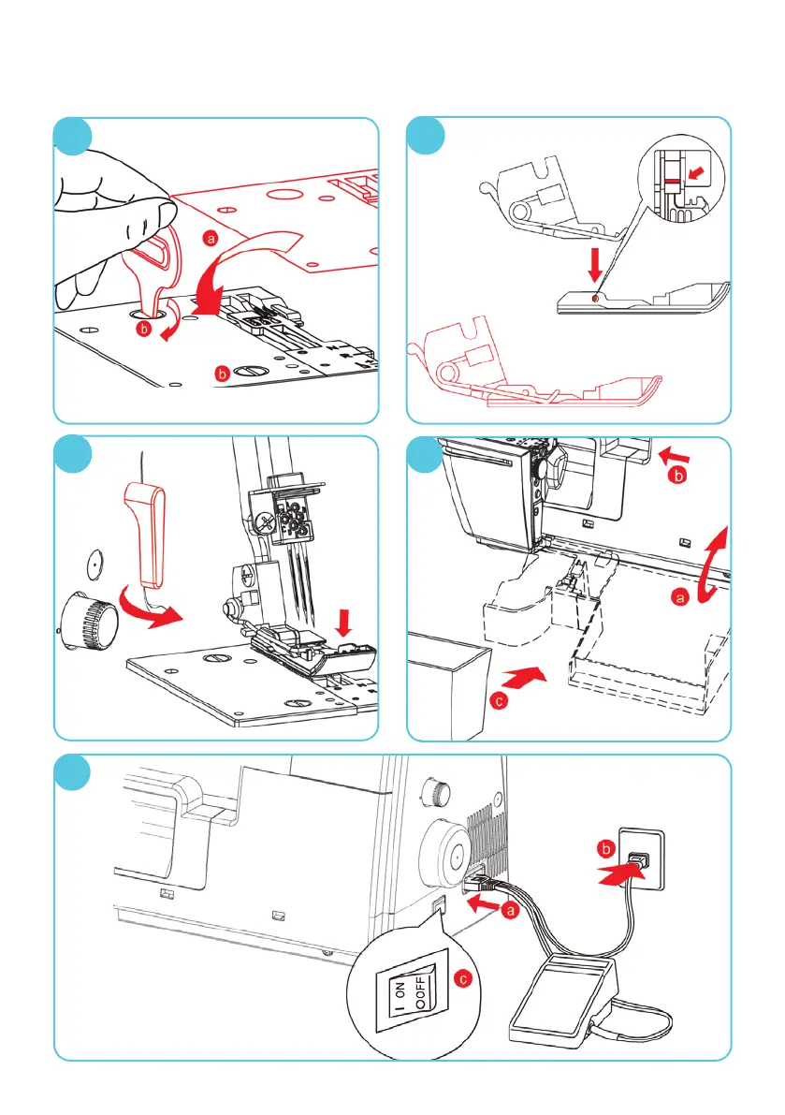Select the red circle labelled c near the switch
[458, 978]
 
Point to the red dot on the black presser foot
[595, 299]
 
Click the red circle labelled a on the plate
[211, 240]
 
